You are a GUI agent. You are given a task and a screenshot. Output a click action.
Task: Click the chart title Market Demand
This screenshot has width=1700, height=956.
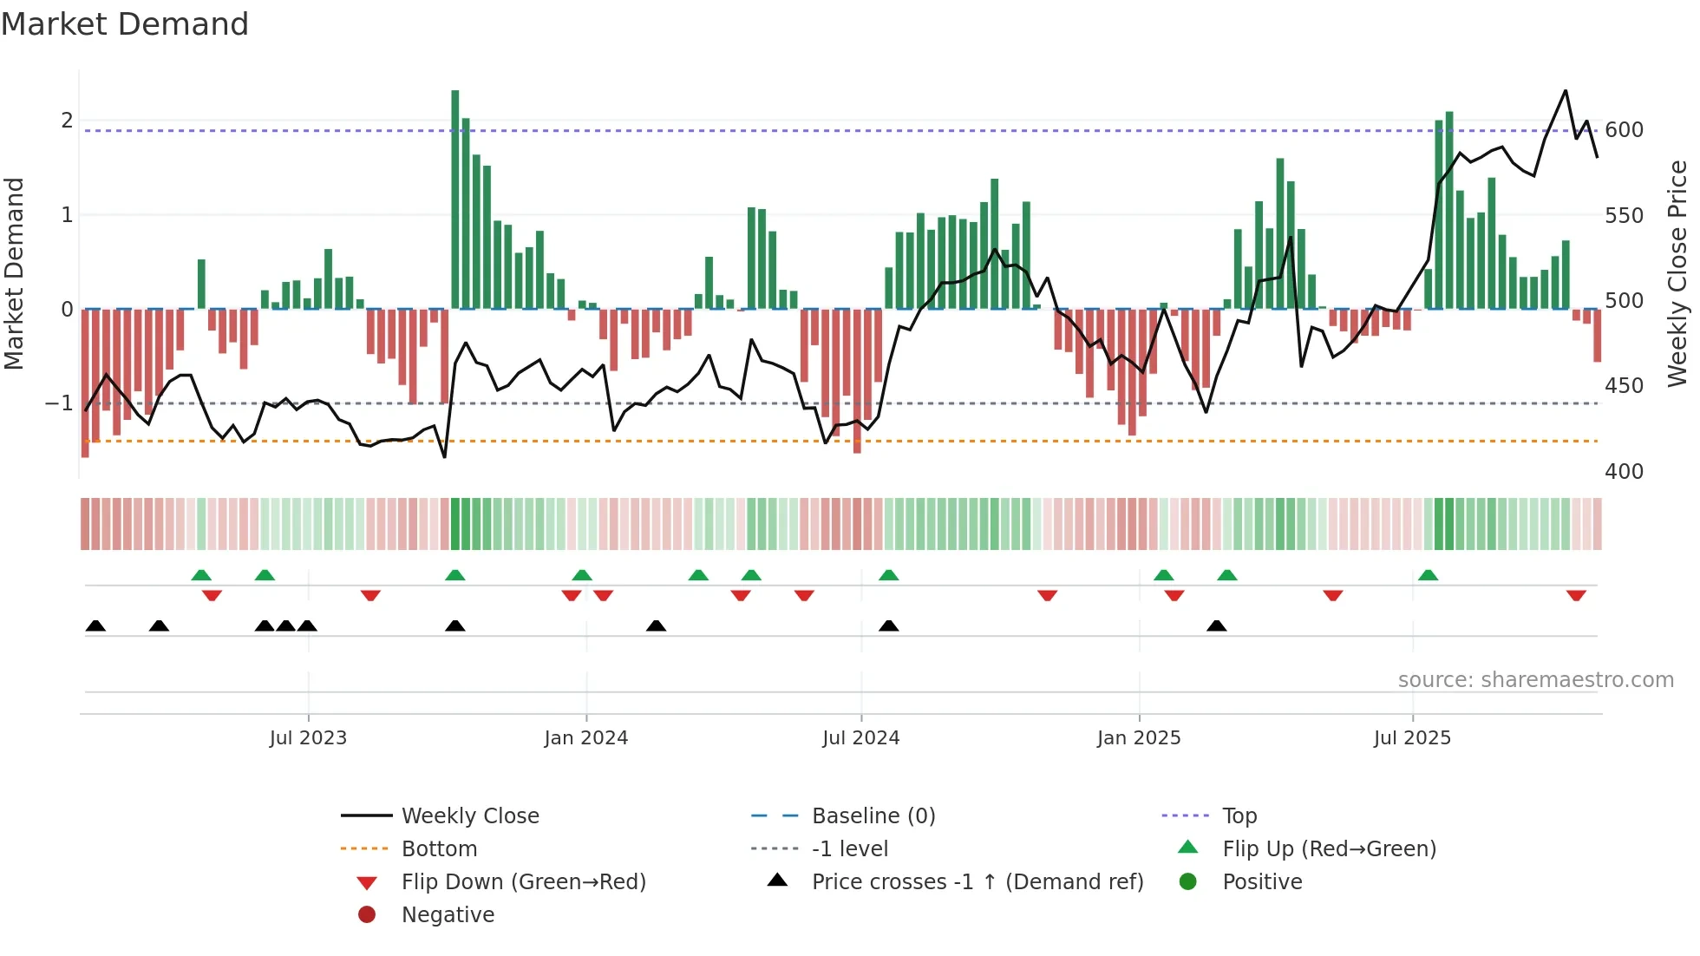click(125, 24)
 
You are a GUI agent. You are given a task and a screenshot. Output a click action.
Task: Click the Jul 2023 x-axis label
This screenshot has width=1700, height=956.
click(308, 737)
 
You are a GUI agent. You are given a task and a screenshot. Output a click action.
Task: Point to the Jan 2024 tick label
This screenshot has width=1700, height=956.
click(585, 737)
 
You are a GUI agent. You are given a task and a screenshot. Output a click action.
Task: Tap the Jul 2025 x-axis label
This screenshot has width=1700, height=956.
click(1412, 737)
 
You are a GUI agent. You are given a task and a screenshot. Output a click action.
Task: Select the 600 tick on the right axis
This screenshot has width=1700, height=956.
click(1624, 130)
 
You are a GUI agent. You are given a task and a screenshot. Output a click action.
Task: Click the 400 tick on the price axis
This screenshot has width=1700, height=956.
click(1624, 471)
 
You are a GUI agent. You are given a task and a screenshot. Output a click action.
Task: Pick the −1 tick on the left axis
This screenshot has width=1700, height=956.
click(59, 403)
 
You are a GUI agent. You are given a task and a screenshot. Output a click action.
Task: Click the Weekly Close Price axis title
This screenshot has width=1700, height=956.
click(1677, 273)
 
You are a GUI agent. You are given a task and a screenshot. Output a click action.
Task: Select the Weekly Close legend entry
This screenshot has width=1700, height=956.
click(470, 815)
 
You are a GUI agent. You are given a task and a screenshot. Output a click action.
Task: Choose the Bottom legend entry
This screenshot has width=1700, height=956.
click(439, 848)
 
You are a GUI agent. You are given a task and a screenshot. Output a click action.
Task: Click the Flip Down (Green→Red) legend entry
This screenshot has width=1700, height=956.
click(523, 881)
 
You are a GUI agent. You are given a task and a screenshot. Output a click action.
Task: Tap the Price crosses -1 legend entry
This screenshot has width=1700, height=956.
click(977, 881)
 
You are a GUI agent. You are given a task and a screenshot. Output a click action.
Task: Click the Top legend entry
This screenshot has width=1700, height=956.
click(1239, 815)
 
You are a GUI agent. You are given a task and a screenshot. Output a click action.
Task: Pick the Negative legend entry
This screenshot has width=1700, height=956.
click(448, 914)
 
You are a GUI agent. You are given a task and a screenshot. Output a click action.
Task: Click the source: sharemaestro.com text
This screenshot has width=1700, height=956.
click(1535, 679)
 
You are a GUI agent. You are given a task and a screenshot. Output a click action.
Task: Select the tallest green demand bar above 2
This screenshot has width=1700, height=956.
click(455, 200)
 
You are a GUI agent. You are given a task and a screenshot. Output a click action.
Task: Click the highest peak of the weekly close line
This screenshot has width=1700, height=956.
click(1566, 91)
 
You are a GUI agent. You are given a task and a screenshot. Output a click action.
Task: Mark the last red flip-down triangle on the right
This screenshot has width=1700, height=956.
click(1576, 595)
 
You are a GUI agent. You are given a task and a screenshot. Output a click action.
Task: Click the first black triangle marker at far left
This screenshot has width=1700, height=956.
click(95, 625)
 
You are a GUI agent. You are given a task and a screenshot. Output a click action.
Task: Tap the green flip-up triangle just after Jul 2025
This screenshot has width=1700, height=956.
click(1428, 575)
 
